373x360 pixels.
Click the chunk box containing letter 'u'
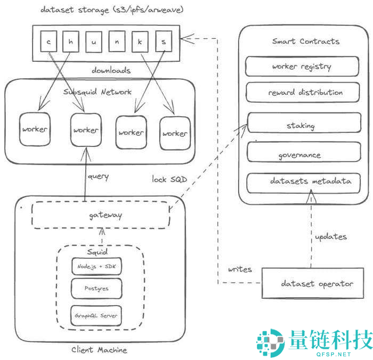93,41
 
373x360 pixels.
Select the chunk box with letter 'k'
141,41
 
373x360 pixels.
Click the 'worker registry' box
302,67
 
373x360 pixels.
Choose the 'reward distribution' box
302,93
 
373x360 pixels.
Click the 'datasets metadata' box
302,182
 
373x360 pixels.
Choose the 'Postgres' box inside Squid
96,289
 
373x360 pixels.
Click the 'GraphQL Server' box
96,316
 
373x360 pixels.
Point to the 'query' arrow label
98,176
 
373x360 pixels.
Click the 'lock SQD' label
169,179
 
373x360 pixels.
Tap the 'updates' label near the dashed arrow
330,236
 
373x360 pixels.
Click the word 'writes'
240,269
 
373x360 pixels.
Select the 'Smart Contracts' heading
305,41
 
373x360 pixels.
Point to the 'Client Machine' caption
99,350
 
